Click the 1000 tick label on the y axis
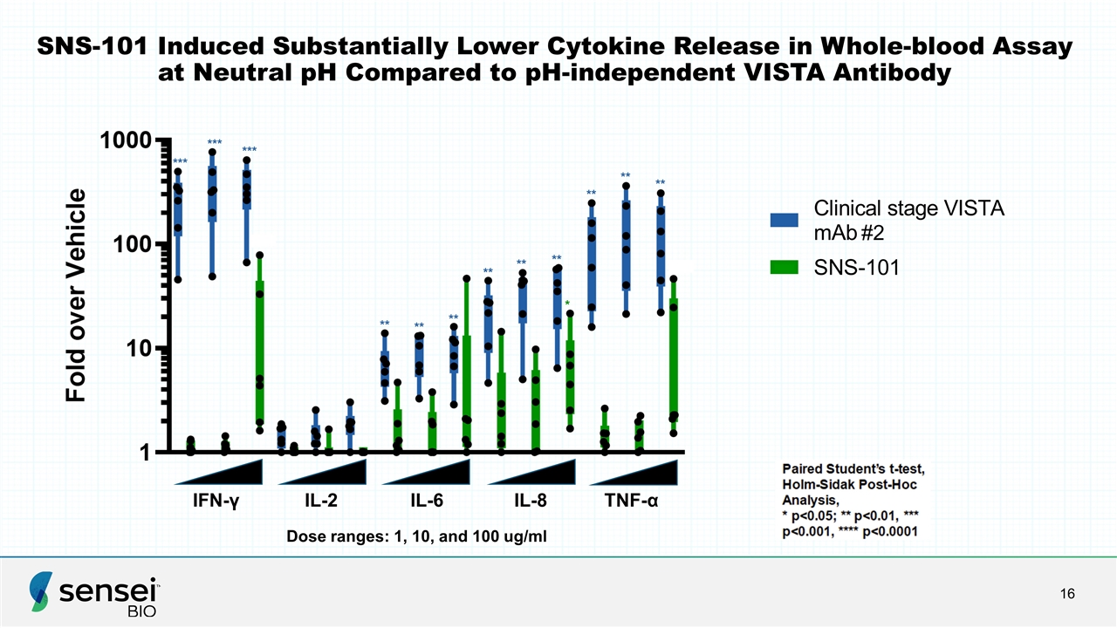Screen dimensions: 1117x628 coord(126,140)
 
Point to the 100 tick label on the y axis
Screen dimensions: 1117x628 coord(132,245)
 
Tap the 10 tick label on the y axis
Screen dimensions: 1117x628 coord(139,349)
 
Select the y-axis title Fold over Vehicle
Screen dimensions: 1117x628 coord(76,295)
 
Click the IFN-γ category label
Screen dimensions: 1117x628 coord(216,501)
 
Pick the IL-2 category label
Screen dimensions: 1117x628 coord(321,500)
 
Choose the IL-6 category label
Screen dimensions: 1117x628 coord(427,500)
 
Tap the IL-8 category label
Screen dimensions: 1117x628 coord(531,500)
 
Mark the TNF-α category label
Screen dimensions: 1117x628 coord(631,500)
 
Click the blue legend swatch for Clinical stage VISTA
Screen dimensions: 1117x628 coord(784,220)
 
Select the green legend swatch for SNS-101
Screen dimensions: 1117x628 coord(784,267)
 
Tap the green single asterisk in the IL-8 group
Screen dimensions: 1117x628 coord(567,303)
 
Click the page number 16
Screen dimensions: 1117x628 coord(1067,594)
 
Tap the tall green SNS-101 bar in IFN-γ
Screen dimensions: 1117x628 coord(260,352)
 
